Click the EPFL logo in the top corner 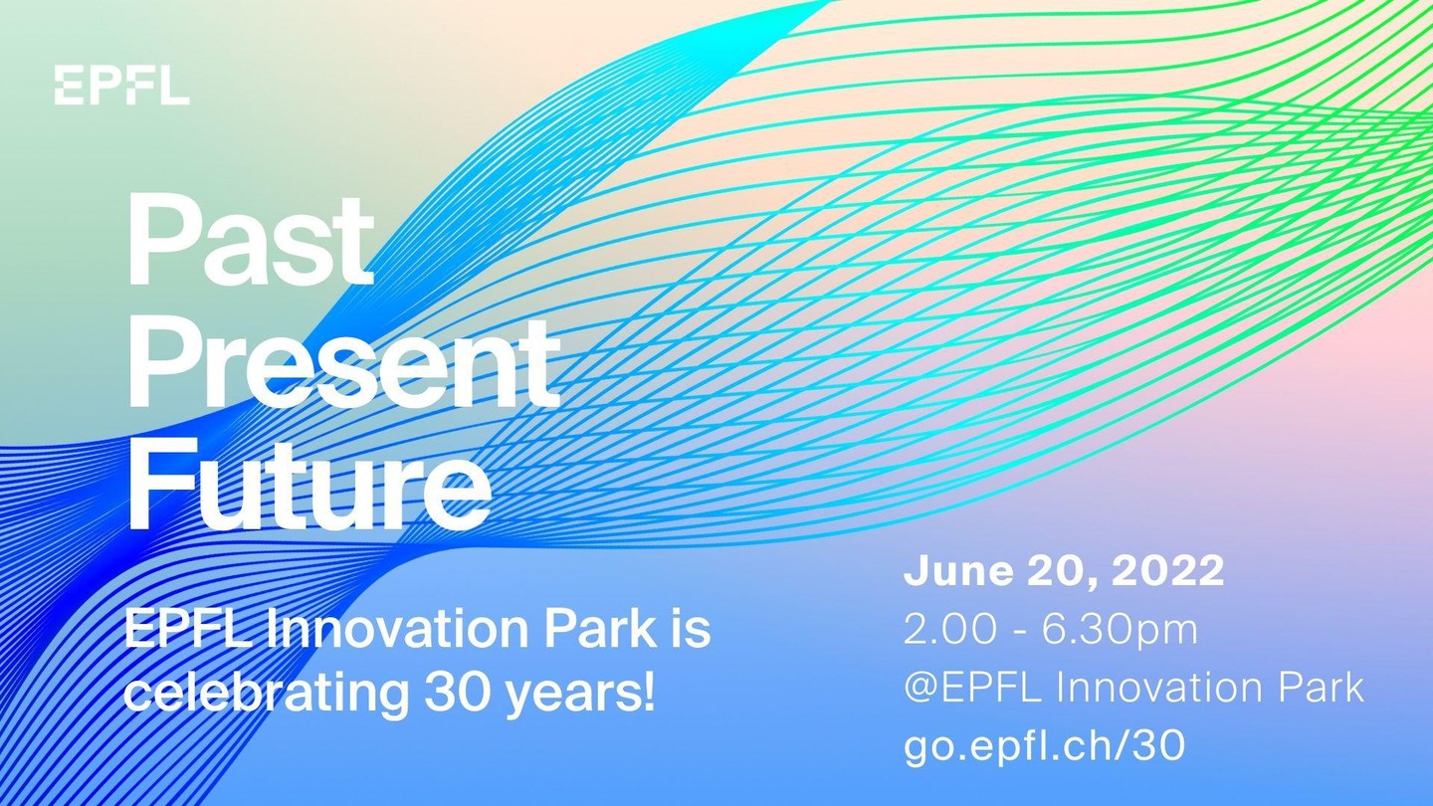(122, 86)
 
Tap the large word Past (251, 239)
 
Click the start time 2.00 (949, 630)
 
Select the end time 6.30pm (1120, 631)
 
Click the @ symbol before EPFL (921, 689)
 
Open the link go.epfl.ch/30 (1044, 746)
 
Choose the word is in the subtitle (695, 629)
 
